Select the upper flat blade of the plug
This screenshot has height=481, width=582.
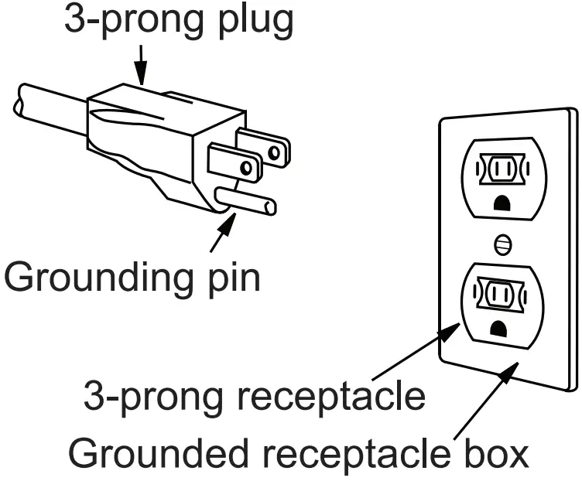pyautogui.click(x=262, y=145)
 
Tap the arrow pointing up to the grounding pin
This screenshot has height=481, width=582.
pyautogui.click(x=222, y=233)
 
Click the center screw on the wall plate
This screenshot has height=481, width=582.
pyautogui.click(x=503, y=245)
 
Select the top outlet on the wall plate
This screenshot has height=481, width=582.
pyautogui.click(x=503, y=176)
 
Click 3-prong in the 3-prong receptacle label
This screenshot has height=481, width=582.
pyautogui.click(x=155, y=397)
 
